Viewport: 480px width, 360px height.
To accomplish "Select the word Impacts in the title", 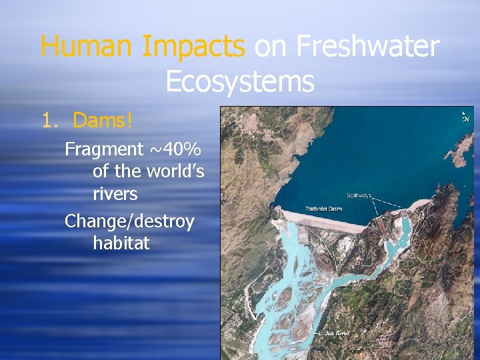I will [x=193, y=47].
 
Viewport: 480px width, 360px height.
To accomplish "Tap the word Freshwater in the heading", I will [x=367, y=47].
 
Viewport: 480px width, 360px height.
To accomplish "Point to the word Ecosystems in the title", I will [x=239, y=81].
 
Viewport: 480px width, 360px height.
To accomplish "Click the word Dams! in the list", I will [x=103, y=121].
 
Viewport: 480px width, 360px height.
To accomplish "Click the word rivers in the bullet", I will [x=115, y=194].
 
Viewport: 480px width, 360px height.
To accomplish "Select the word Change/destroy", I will [x=129, y=221].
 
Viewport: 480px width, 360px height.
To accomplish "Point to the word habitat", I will [x=121, y=243].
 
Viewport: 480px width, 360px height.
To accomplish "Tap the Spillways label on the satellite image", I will [x=359, y=195].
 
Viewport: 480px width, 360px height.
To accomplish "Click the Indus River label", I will [x=334, y=333].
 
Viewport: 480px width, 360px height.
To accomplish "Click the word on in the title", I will [x=271, y=47].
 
